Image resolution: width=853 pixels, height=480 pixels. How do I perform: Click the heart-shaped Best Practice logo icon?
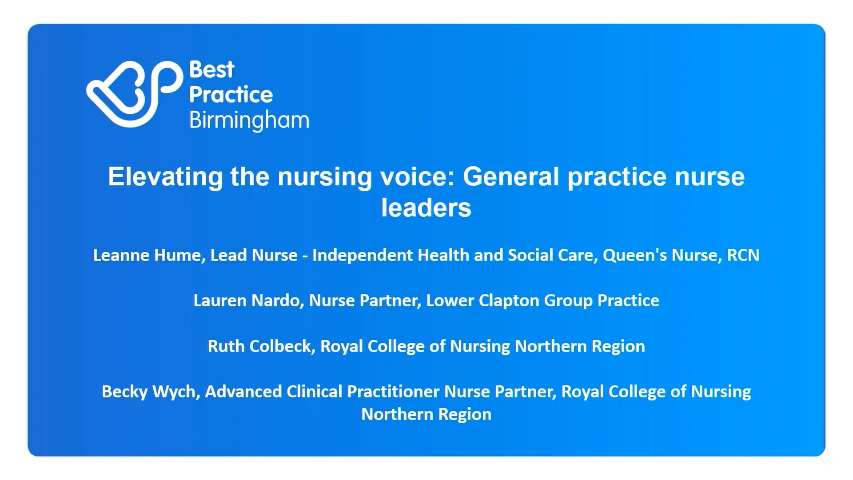click(133, 94)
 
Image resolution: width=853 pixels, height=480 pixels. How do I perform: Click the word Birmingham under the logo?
click(249, 121)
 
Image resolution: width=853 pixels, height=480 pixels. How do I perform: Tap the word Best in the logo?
click(211, 70)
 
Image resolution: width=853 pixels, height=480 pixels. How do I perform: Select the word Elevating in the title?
click(165, 176)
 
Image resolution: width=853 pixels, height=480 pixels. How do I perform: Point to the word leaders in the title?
click(426, 208)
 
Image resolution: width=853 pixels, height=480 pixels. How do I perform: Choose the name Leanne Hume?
click(147, 255)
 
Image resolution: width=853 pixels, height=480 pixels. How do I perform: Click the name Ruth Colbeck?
click(261, 346)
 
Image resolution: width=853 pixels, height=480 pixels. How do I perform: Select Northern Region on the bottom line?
click(426, 414)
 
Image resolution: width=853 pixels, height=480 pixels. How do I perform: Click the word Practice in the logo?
click(231, 95)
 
